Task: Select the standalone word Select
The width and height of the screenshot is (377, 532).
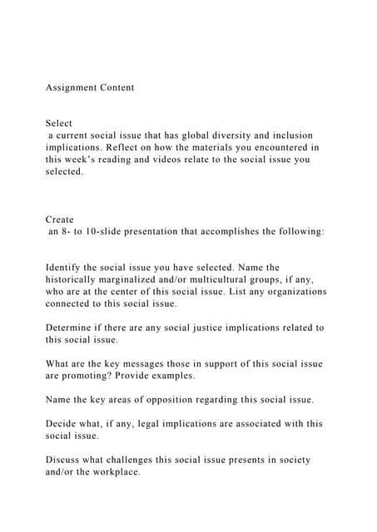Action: click(x=59, y=123)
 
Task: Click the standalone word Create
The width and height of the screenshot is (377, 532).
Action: click(x=59, y=220)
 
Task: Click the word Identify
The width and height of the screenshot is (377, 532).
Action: click(x=66, y=268)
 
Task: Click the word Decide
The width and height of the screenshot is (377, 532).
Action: click(x=62, y=424)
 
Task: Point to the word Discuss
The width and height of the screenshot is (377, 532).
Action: click(x=64, y=460)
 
